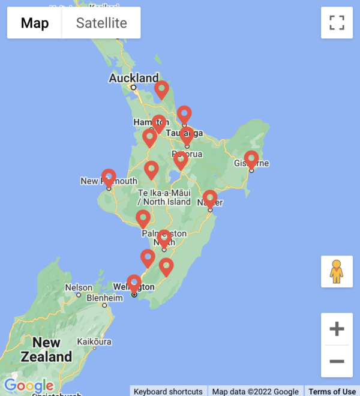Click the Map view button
35,23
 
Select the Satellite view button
101,23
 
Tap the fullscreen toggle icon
337,23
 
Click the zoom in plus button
337,329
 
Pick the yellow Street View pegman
337,272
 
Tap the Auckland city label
134,78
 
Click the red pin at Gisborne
251,160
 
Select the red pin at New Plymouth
109,178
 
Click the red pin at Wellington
134,283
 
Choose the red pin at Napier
209,199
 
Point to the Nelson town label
79,287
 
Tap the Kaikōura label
94,342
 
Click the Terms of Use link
332,391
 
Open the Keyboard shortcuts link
168,391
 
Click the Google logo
28,386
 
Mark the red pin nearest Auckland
161,90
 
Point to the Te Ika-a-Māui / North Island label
164,197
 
